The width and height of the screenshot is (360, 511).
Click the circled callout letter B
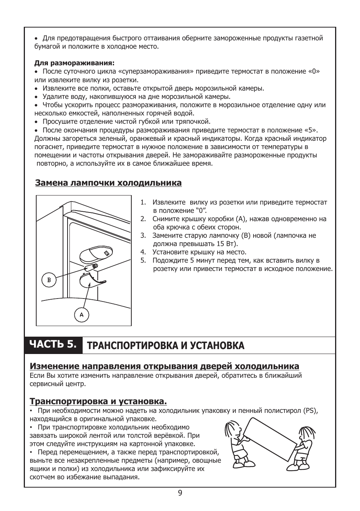click(x=49, y=280)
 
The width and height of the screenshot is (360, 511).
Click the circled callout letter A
click(x=82, y=314)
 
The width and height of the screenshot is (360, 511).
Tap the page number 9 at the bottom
click(x=180, y=493)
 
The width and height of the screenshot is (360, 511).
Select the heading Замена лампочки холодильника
click(x=108, y=183)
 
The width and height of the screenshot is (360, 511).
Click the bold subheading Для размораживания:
click(x=74, y=63)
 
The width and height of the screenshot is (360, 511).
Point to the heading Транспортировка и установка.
click(x=98, y=401)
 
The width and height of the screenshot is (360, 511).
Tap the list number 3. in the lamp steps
click(x=143, y=235)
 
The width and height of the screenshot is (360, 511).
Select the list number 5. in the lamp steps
click(x=143, y=260)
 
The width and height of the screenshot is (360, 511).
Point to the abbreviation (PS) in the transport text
click(x=310, y=411)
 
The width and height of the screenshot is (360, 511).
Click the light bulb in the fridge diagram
click(x=91, y=267)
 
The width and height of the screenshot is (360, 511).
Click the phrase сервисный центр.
click(x=57, y=384)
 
